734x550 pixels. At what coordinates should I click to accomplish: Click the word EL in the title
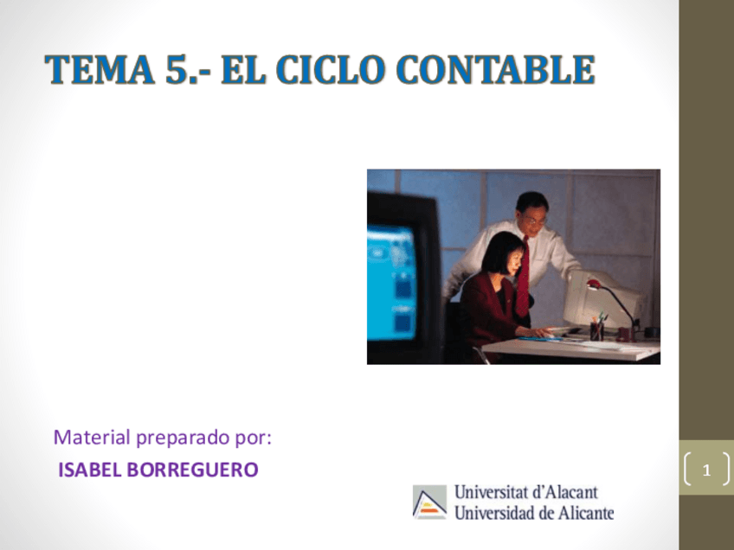coord(241,70)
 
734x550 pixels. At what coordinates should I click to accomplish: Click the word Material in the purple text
coord(91,438)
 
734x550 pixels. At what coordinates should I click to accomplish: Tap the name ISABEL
coord(90,470)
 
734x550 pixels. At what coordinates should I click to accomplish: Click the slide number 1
coord(706,471)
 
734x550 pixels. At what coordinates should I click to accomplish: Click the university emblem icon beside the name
coord(429,502)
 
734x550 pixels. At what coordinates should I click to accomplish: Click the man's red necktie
coord(522,277)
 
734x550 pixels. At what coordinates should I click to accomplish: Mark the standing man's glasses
coord(535,221)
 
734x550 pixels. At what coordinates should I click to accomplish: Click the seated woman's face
coord(505,259)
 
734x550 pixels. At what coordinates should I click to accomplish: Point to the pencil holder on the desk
coord(597,330)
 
